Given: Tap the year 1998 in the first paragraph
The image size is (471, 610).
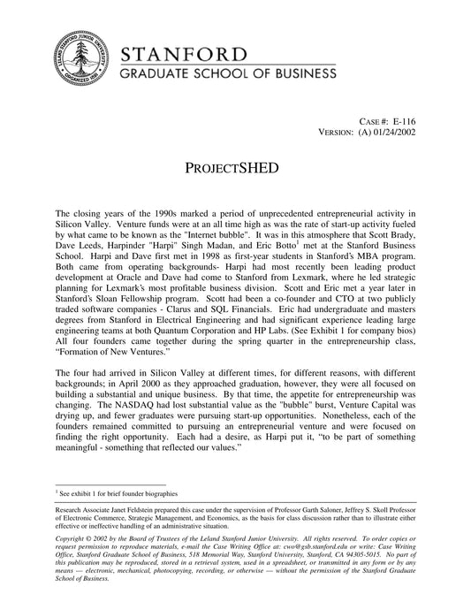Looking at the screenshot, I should pyautogui.click(x=234, y=260).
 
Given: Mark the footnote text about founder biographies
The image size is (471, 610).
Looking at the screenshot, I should pyautogui.click(x=118, y=492).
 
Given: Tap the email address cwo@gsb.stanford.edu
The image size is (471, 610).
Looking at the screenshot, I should pyautogui.click(x=300, y=547).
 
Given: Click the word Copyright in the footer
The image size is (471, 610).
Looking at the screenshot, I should pyautogui.click(x=73, y=538).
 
